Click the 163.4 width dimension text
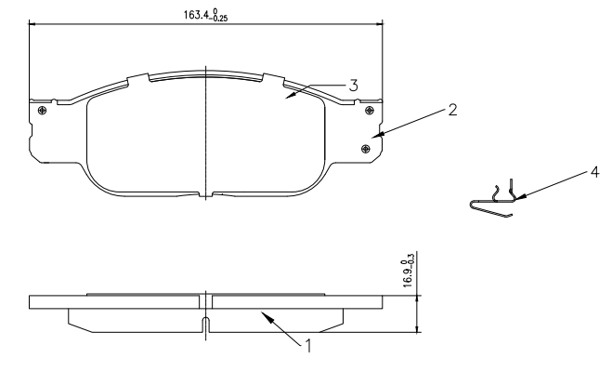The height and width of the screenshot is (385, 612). point(205,15)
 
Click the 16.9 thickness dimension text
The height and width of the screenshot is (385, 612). point(408,270)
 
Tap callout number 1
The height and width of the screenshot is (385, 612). point(308,346)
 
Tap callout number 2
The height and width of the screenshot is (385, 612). point(452,110)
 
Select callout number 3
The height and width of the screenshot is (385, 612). point(353,86)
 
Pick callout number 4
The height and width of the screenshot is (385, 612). point(594,172)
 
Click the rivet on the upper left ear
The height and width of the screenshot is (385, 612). point(42,111)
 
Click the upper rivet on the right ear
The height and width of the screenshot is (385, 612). point(369,111)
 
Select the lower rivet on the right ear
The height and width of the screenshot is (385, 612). point(366,149)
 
